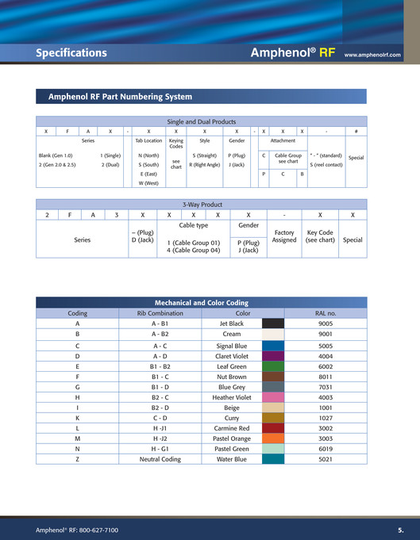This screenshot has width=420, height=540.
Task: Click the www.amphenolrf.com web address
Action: coord(372,55)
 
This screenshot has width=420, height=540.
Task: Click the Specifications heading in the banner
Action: coord(71,53)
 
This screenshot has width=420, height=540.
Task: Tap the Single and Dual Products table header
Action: coord(201,121)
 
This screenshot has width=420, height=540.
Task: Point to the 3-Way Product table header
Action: coord(201,205)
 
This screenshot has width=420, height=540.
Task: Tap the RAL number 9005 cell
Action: coord(325,324)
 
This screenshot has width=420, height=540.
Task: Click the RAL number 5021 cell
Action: coord(325,458)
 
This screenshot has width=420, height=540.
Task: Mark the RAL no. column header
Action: coord(325,313)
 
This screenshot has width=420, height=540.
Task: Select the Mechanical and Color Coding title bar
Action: coord(201,302)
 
